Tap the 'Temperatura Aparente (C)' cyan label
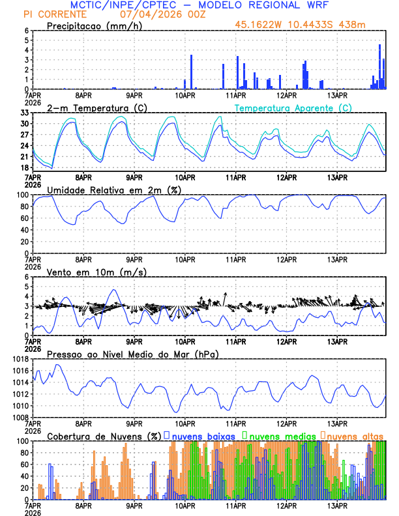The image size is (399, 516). [293, 107]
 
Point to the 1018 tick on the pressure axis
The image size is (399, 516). [22, 359]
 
